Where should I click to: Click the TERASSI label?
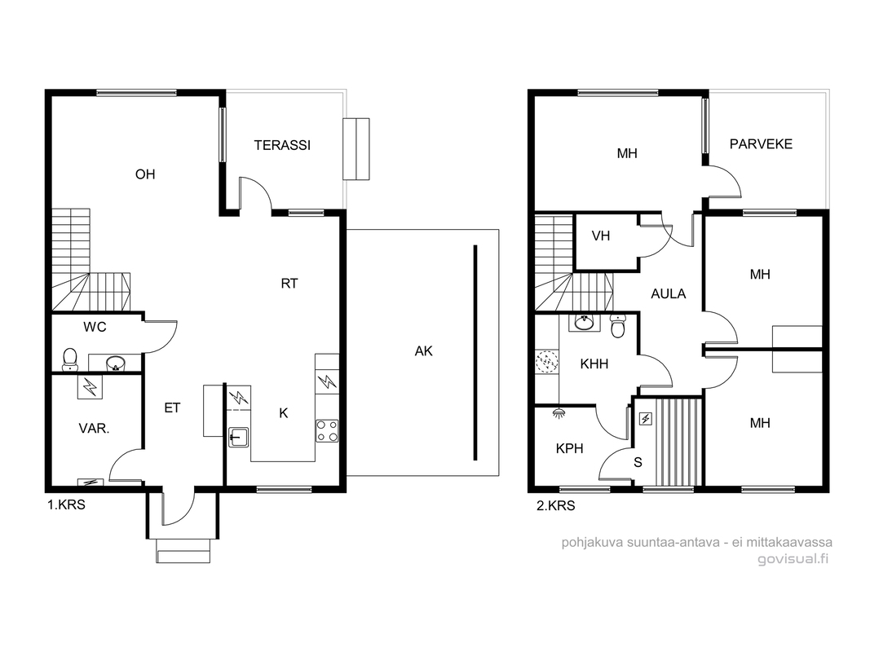click(282, 145)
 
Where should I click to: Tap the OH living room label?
click(145, 174)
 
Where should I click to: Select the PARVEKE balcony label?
click(761, 144)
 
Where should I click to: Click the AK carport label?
click(423, 350)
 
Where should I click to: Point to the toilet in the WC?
click(70, 359)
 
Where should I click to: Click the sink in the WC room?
click(116, 363)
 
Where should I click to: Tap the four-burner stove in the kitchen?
click(327, 431)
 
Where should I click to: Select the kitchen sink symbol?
click(239, 437)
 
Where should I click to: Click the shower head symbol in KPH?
click(559, 412)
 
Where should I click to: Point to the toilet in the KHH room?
click(617, 326)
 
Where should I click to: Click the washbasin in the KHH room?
click(584, 322)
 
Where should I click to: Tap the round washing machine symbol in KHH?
click(546, 362)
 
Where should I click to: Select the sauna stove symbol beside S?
click(645, 419)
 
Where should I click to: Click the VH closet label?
click(601, 236)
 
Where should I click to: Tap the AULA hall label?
click(668, 294)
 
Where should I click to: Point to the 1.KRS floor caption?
click(66, 505)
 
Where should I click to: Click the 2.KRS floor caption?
click(555, 505)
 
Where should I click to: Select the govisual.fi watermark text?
click(793, 559)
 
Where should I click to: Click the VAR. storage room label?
click(94, 429)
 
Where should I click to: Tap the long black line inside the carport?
click(475, 353)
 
